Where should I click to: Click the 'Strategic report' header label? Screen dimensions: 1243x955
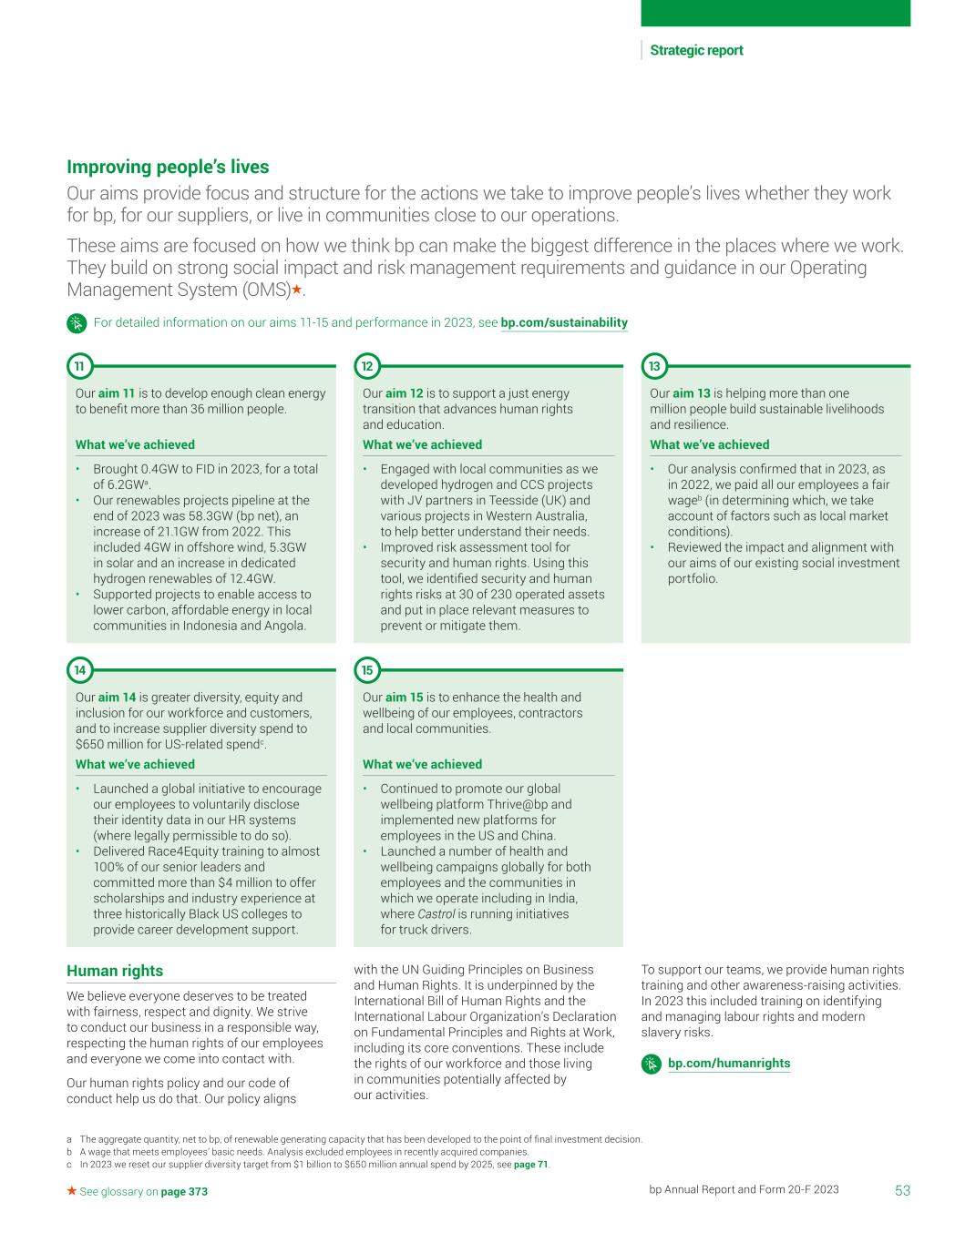[x=696, y=51]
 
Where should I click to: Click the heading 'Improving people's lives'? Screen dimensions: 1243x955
[x=168, y=167]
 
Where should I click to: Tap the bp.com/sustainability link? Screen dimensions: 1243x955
[x=564, y=322]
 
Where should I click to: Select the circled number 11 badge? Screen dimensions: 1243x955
[x=79, y=366]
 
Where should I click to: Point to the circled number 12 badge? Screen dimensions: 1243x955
[x=366, y=366]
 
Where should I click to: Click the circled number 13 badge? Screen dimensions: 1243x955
[x=654, y=366]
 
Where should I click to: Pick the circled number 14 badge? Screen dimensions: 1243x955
[x=79, y=670]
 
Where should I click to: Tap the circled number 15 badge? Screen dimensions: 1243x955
[x=366, y=670]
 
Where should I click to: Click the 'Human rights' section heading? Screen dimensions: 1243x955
[x=115, y=971]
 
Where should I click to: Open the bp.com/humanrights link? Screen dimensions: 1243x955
[x=729, y=1063]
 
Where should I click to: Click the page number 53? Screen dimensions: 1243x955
[x=902, y=1190]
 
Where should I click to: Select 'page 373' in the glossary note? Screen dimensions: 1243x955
[x=184, y=1191]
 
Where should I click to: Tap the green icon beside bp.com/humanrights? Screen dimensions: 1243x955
[x=651, y=1064]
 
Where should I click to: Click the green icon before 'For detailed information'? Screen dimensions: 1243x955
[x=77, y=323]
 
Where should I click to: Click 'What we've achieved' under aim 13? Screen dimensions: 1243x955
[x=709, y=444]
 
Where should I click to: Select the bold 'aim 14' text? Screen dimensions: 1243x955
[x=117, y=698]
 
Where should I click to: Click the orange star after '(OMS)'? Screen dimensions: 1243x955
[x=296, y=290]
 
